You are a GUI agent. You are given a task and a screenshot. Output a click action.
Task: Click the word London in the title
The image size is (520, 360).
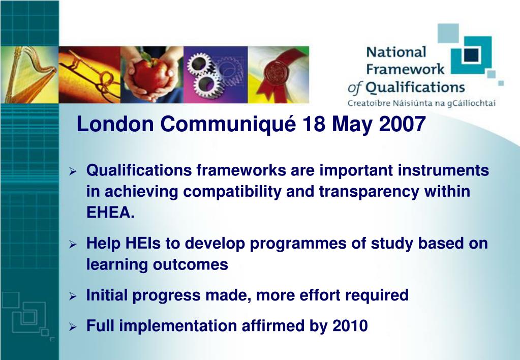click(115, 124)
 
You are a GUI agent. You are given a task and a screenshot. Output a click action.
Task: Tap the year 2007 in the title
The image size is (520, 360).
click(402, 124)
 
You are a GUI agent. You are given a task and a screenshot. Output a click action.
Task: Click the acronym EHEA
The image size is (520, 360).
click(110, 213)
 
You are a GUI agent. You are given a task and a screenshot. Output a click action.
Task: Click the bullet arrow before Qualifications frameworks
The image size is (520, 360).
click(73, 171)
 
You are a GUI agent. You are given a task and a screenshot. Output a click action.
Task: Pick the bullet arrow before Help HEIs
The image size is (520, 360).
click(73, 245)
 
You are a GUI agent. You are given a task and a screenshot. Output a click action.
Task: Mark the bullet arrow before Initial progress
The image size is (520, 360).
click(73, 296)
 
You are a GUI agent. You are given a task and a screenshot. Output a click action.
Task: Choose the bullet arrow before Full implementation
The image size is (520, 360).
click(73, 327)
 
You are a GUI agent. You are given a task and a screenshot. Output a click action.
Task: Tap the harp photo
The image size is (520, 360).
click(29, 75)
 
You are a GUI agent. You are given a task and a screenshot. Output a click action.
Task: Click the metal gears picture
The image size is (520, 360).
click(216, 75)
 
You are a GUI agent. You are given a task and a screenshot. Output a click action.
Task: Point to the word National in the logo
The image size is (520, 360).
click(396, 52)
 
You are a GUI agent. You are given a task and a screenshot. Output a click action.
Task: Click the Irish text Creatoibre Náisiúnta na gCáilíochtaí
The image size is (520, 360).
click(421, 103)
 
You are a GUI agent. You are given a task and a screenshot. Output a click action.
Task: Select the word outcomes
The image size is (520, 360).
click(190, 264)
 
